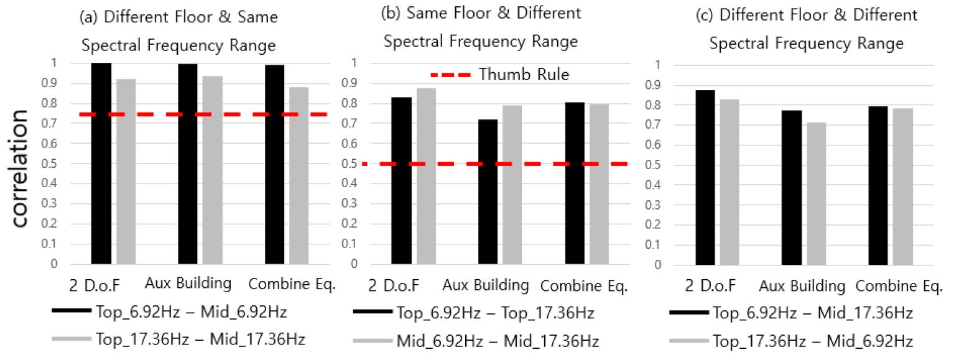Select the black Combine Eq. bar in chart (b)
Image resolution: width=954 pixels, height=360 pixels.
point(575,183)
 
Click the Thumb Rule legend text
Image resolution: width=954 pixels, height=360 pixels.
point(524,75)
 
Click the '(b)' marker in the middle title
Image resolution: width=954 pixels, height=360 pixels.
point(391,14)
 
